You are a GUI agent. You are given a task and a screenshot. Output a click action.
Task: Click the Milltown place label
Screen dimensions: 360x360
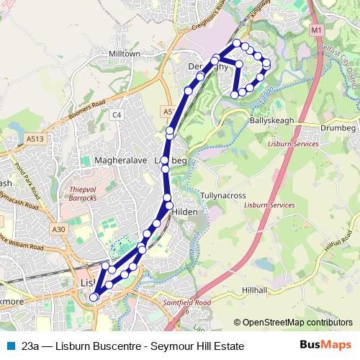pyautogui.click(x=124, y=54)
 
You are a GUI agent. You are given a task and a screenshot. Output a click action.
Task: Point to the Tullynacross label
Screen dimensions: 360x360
pyautogui.click(x=222, y=195)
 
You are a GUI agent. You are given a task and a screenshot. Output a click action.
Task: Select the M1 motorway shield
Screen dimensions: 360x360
pyautogui.click(x=318, y=31)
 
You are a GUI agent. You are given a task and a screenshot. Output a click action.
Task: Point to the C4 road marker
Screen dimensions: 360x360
pyautogui.click(x=117, y=114)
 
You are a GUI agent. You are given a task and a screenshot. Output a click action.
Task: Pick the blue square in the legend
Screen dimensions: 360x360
pyautogui.click(x=10, y=346)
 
